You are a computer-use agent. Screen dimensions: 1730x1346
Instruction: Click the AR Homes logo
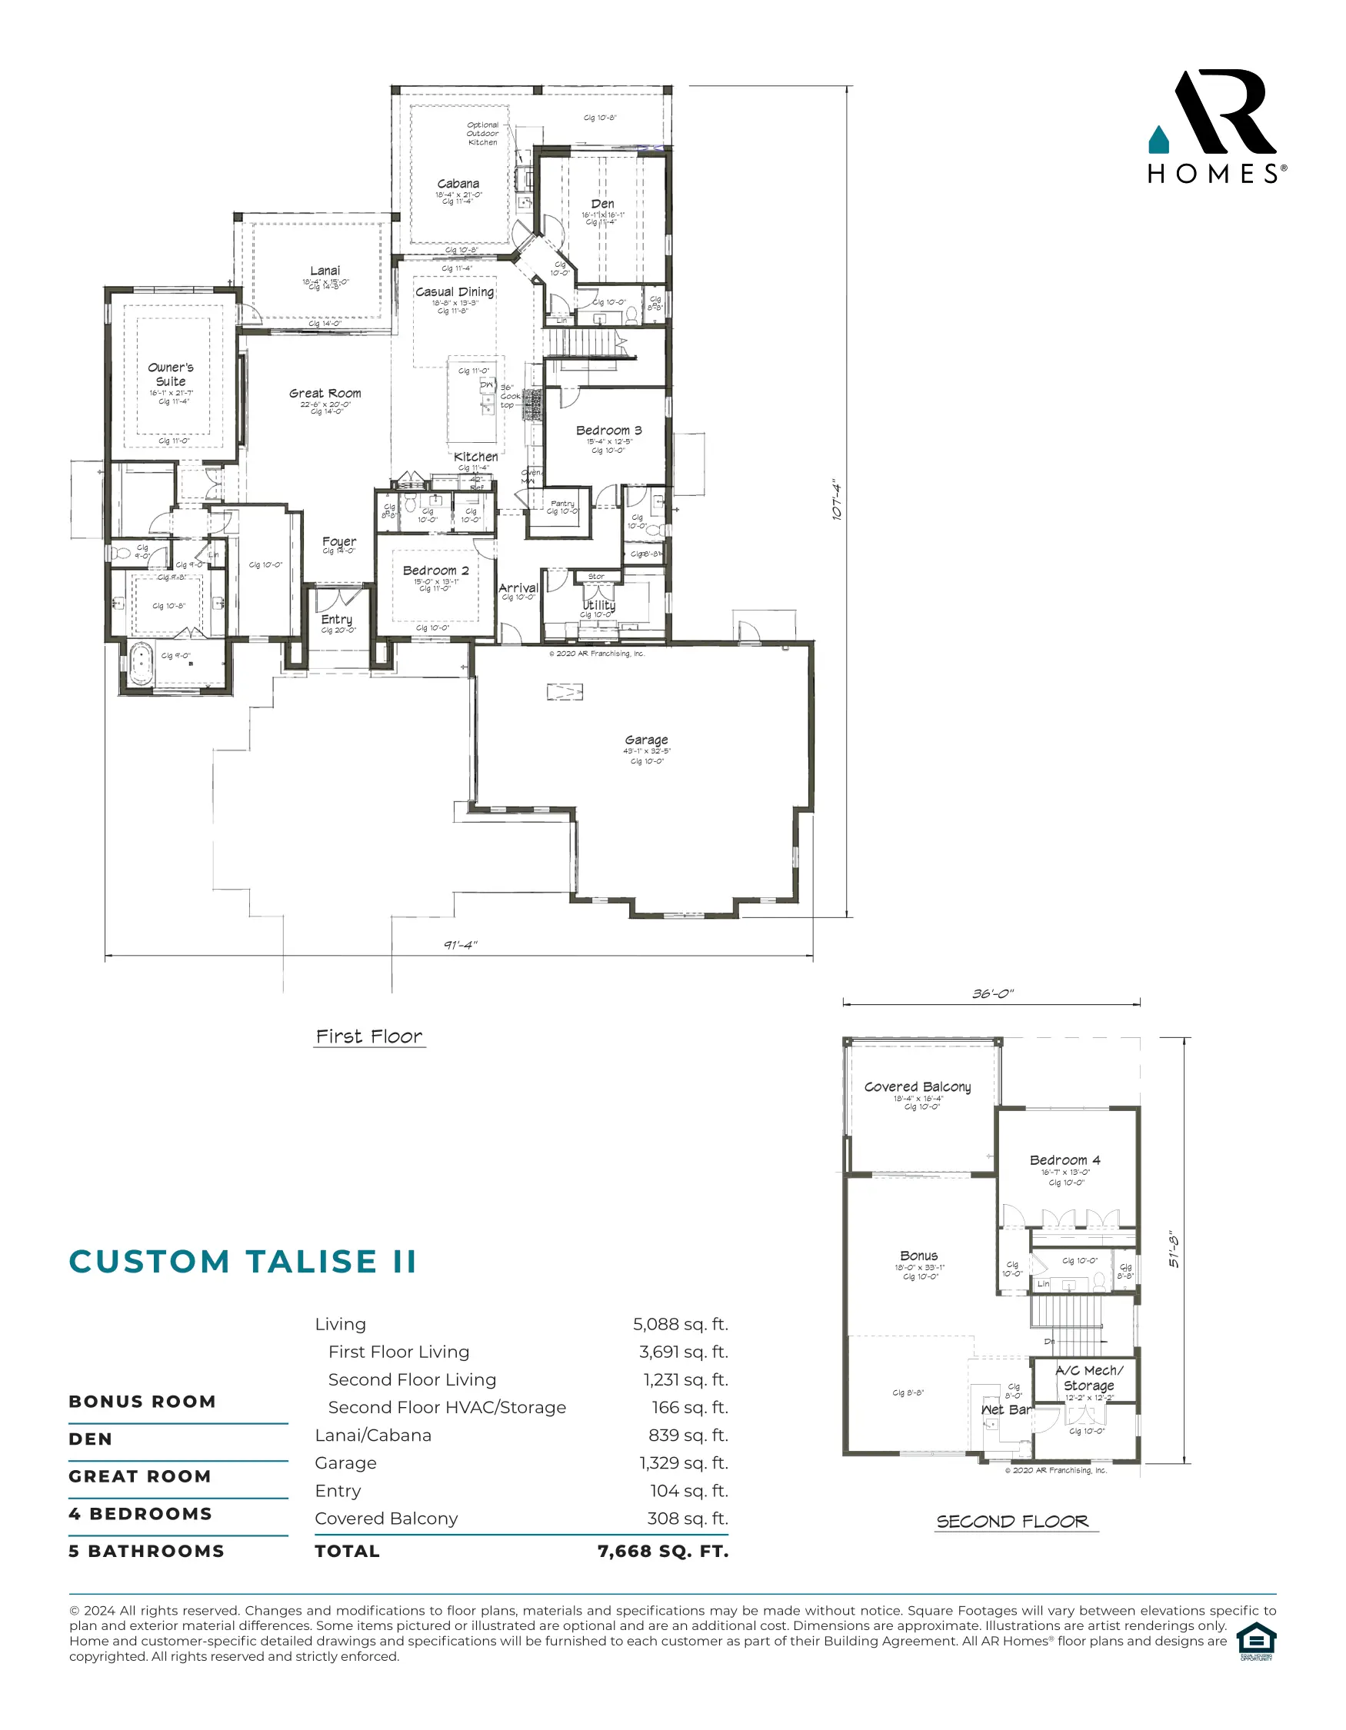pyautogui.click(x=1216, y=127)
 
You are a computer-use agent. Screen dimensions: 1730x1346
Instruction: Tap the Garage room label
pyautogui.click(x=645, y=740)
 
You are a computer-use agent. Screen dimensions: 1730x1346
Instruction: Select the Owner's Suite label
pyautogui.click(x=170, y=374)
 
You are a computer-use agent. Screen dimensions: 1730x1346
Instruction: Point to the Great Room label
pyautogui.click(x=325, y=394)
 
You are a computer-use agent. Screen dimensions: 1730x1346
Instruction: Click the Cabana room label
pyautogui.click(x=458, y=184)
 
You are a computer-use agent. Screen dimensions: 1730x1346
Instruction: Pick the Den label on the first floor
pyautogui.click(x=602, y=204)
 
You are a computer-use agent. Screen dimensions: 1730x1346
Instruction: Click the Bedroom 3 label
pyautogui.click(x=608, y=431)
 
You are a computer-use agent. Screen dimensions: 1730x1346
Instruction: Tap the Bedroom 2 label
pyautogui.click(x=436, y=571)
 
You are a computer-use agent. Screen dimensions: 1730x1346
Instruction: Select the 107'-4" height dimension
pyautogui.click(x=837, y=499)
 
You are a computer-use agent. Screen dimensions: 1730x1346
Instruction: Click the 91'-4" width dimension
pyautogui.click(x=460, y=944)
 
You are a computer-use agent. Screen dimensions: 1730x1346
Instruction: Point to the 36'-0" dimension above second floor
pyautogui.click(x=993, y=993)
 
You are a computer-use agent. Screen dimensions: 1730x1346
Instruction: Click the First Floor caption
pyautogui.click(x=369, y=1037)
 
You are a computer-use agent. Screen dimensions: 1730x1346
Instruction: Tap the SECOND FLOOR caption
pyautogui.click(x=1012, y=1522)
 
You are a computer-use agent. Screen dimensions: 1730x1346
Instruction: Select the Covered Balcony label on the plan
pyautogui.click(x=918, y=1086)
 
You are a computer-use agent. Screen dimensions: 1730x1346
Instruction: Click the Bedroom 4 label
pyautogui.click(x=1064, y=1159)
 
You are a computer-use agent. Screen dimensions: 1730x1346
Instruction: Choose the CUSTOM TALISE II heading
pyautogui.click(x=242, y=1261)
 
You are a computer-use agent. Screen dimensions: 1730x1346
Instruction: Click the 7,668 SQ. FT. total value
pyautogui.click(x=663, y=1551)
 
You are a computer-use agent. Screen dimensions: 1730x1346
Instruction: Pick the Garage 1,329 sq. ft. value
pyautogui.click(x=684, y=1463)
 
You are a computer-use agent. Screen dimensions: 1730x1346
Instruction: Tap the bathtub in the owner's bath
pyautogui.click(x=141, y=664)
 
